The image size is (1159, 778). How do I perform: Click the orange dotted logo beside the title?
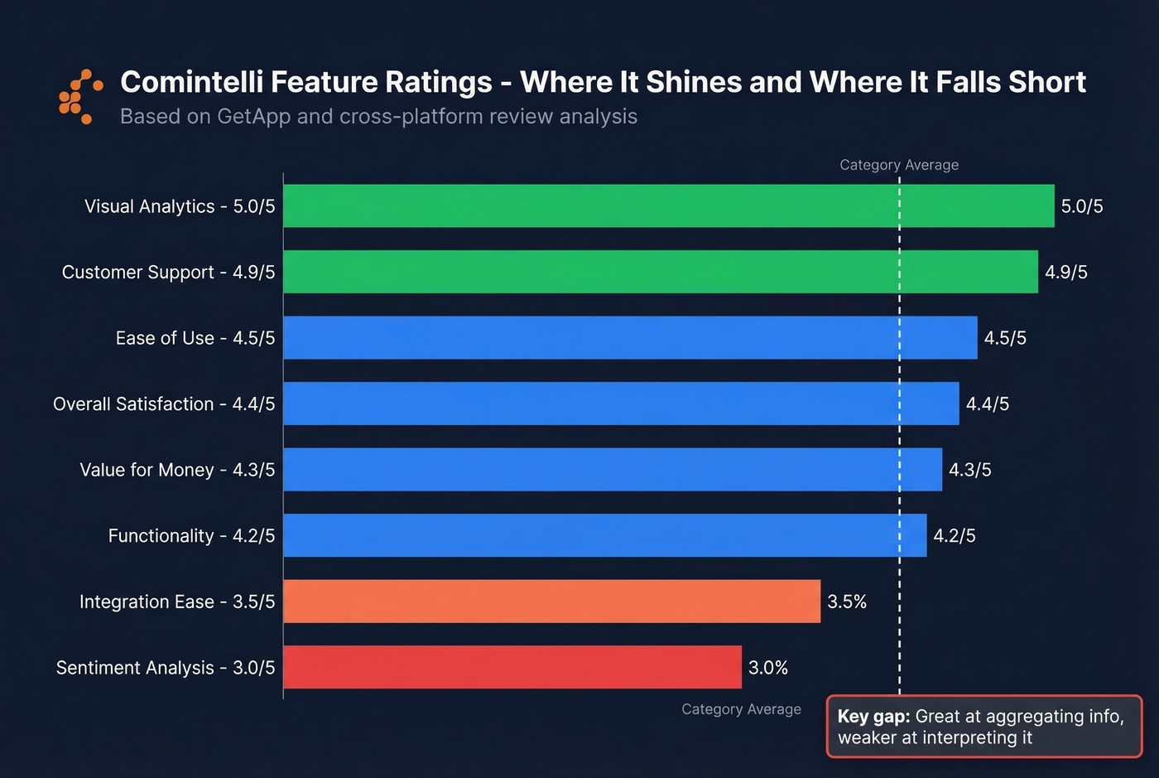tap(80, 97)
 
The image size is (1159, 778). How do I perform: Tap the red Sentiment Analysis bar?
tap(512, 667)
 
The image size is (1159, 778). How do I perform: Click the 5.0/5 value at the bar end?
tap(1082, 206)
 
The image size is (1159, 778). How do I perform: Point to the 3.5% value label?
tap(847, 602)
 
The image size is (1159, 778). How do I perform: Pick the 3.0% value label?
tap(768, 668)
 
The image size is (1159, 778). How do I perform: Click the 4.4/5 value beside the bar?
tap(988, 404)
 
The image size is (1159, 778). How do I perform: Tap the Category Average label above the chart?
tap(899, 165)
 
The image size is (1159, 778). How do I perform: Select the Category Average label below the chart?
tap(741, 709)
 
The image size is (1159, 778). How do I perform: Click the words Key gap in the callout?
tap(873, 717)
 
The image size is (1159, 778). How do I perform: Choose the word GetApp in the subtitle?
tap(253, 117)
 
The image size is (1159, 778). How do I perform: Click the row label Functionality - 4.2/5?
tap(191, 536)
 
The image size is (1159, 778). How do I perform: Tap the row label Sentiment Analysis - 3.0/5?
tap(166, 668)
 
